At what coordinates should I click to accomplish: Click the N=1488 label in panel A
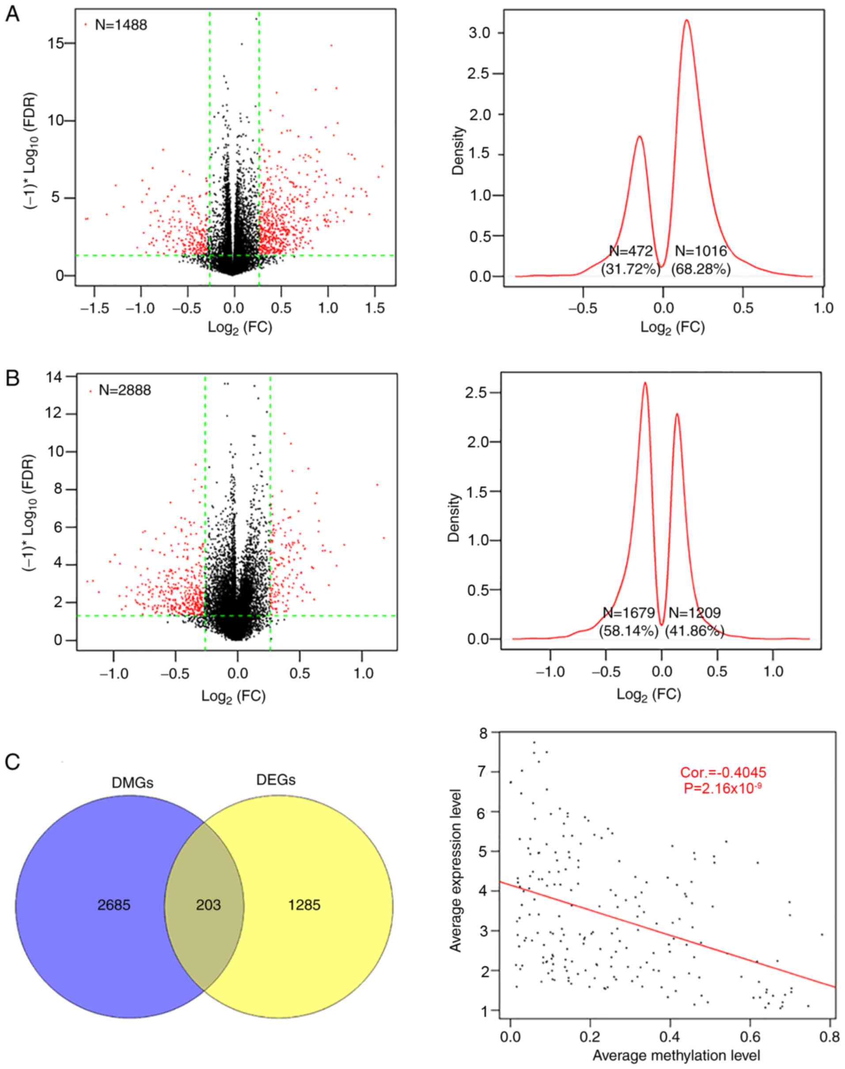tap(120, 25)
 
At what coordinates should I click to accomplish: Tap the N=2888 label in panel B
tap(124, 391)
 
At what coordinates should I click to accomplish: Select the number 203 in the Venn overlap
tap(208, 905)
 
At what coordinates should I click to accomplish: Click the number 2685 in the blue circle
tap(114, 905)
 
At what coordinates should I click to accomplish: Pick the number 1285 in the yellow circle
tap(304, 905)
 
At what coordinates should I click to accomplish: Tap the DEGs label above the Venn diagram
tap(276, 780)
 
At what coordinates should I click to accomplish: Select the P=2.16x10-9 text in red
tap(723, 788)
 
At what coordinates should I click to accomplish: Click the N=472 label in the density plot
tap(631, 251)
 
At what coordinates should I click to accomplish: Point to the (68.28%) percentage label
tap(701, 269)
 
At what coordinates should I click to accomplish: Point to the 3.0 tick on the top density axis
tap(479, 33)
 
